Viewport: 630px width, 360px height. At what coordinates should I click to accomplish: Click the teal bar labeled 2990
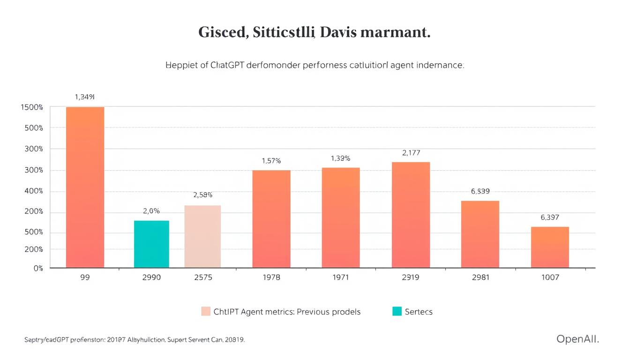(151, 244)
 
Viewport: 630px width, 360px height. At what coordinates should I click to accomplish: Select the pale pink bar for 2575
(202, 236)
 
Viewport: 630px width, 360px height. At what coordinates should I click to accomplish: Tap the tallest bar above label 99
(85, 187)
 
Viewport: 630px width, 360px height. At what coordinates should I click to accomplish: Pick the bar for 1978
(271, 218)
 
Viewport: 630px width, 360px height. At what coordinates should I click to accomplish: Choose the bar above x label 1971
(341, 217)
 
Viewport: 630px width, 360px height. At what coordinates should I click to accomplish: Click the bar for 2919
(411, 215)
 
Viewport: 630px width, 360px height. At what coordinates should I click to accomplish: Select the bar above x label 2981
(480, 234)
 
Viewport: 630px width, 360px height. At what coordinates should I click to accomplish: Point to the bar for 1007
(550, 247)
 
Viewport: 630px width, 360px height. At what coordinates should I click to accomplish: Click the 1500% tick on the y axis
(32, 107)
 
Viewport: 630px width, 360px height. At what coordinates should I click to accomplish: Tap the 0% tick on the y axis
(38, 268)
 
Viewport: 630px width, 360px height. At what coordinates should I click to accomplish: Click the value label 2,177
(411, 153)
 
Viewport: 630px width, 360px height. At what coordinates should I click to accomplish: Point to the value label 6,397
(550, 217)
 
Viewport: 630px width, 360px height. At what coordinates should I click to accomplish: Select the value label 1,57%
(271, 161)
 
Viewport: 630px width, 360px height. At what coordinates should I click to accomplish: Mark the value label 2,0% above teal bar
(151, 211)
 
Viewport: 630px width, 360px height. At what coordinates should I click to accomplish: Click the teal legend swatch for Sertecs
(397, 311)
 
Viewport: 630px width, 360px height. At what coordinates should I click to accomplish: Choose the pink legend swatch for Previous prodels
(206, 311)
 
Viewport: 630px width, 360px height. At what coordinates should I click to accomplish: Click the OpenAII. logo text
(577, 339)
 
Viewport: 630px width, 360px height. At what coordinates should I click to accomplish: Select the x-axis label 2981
(480, 277)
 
